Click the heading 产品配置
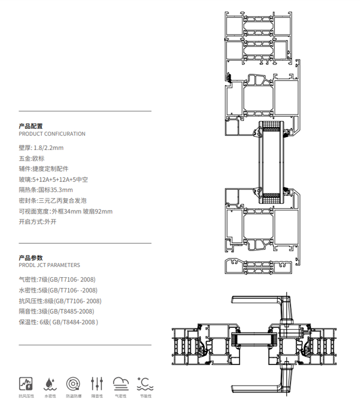31,126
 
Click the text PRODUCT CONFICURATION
52,134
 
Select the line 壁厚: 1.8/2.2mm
41,147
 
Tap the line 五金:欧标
32,158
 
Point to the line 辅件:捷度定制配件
43,169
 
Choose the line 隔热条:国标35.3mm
46,190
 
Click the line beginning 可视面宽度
65,211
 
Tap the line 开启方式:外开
38,222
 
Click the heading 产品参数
31,258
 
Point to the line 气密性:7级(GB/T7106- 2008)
57,280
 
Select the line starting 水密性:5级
58,290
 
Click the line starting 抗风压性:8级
60,301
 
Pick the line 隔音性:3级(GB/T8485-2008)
56,311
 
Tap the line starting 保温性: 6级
58,322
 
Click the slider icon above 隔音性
97,383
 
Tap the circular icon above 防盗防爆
74,383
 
